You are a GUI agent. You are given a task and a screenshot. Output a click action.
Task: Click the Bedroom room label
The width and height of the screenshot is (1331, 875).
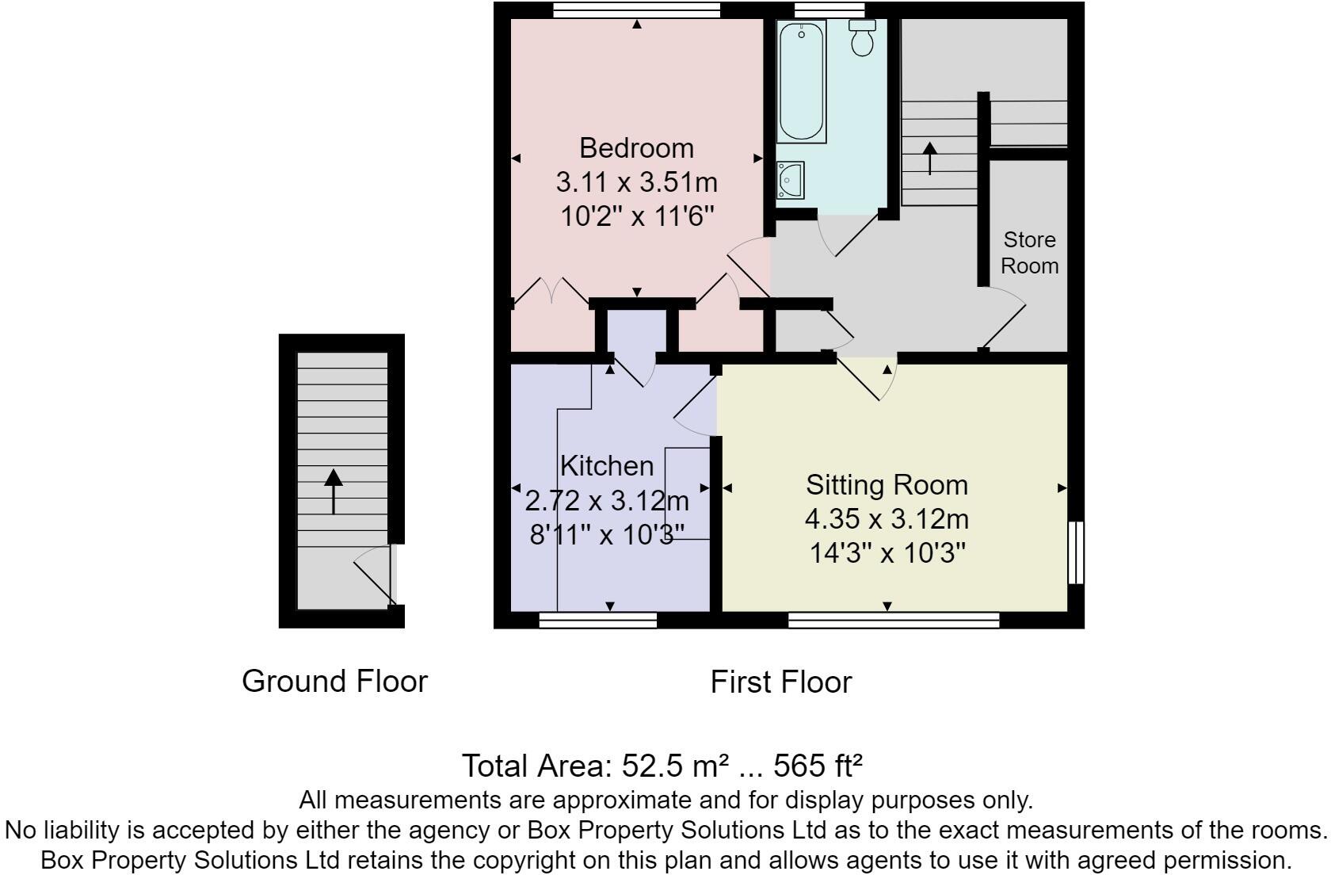tap(636, 148)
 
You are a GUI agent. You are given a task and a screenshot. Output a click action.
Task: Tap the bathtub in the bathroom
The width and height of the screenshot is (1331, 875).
tap(802, 82)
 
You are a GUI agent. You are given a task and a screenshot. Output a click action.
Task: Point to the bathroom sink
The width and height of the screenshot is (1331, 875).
tap(790, 180)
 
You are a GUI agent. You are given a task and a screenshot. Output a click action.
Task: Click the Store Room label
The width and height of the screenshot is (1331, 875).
tap(1029, 252)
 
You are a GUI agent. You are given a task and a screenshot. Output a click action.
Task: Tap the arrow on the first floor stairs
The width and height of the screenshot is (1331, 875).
tap(929, 158)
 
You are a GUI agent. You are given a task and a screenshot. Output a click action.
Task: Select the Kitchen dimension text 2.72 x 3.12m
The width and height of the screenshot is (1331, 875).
tap(607, 501)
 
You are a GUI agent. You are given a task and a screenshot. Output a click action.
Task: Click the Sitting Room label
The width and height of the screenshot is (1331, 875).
tap(887, 485)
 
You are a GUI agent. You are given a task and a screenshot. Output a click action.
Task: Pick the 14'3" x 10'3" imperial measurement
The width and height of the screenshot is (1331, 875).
tap(887, 552)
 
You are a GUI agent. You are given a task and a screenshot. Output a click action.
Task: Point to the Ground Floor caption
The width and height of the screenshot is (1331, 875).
tap(334, 682)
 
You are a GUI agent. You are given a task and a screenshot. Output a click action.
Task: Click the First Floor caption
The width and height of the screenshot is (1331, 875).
tap(780, 682)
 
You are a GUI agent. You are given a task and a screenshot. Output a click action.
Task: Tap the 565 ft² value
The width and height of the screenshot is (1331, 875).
tap(818, 766)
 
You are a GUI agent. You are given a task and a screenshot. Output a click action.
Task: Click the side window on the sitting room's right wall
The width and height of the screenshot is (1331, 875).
tap(1075, 552)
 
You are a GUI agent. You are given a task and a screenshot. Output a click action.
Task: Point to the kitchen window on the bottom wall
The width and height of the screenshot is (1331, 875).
tap(597, 620)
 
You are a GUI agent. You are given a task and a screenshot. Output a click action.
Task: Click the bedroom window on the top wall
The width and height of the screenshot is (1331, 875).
tap(636, 10)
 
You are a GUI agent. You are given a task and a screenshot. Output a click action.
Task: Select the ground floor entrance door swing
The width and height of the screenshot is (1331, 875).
tap(374, 577)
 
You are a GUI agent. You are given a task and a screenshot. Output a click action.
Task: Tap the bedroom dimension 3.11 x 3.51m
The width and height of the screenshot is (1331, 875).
tap(636, 182)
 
